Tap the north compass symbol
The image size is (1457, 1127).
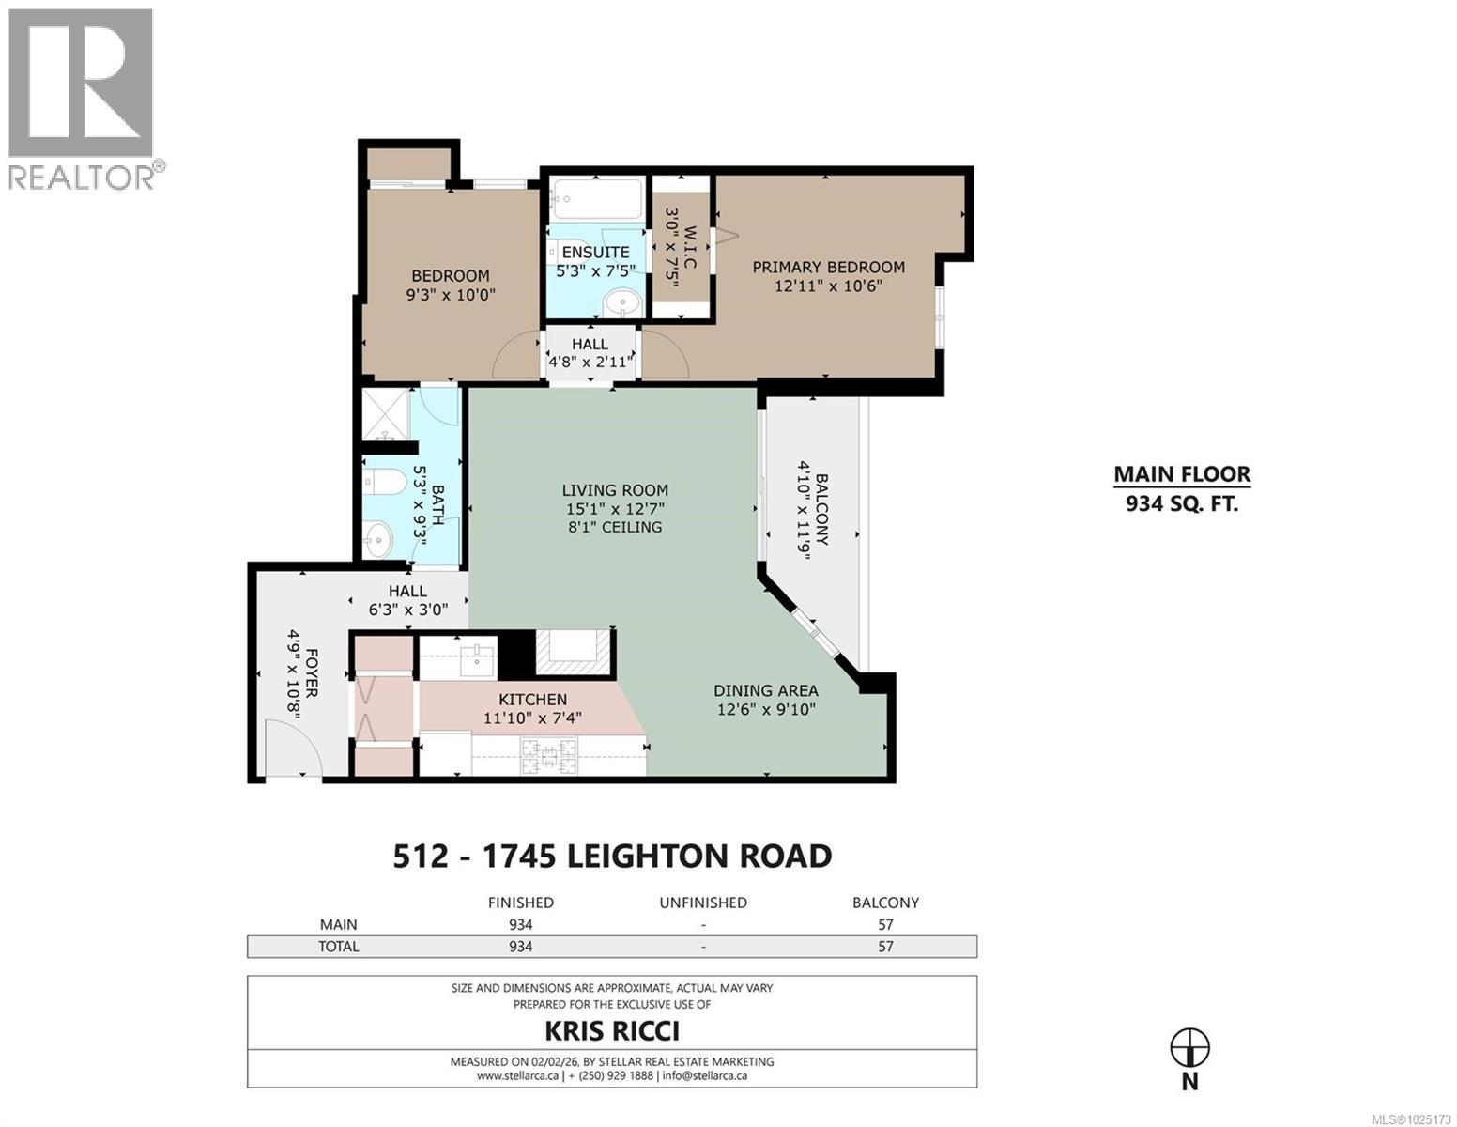[1189, 1046]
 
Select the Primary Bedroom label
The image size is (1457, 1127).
[828, 268]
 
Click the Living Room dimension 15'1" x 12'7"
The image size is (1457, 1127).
[615, 508]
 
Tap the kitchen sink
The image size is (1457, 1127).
[481, 656]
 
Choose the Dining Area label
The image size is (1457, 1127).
[765, 690]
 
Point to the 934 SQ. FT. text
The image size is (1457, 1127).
[1181, 503]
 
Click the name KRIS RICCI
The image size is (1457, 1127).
[611, 1030]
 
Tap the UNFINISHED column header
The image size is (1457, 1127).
[702, 903]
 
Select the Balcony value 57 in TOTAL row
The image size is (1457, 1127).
[884, 946]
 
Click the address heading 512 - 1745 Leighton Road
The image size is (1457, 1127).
[611, 856]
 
